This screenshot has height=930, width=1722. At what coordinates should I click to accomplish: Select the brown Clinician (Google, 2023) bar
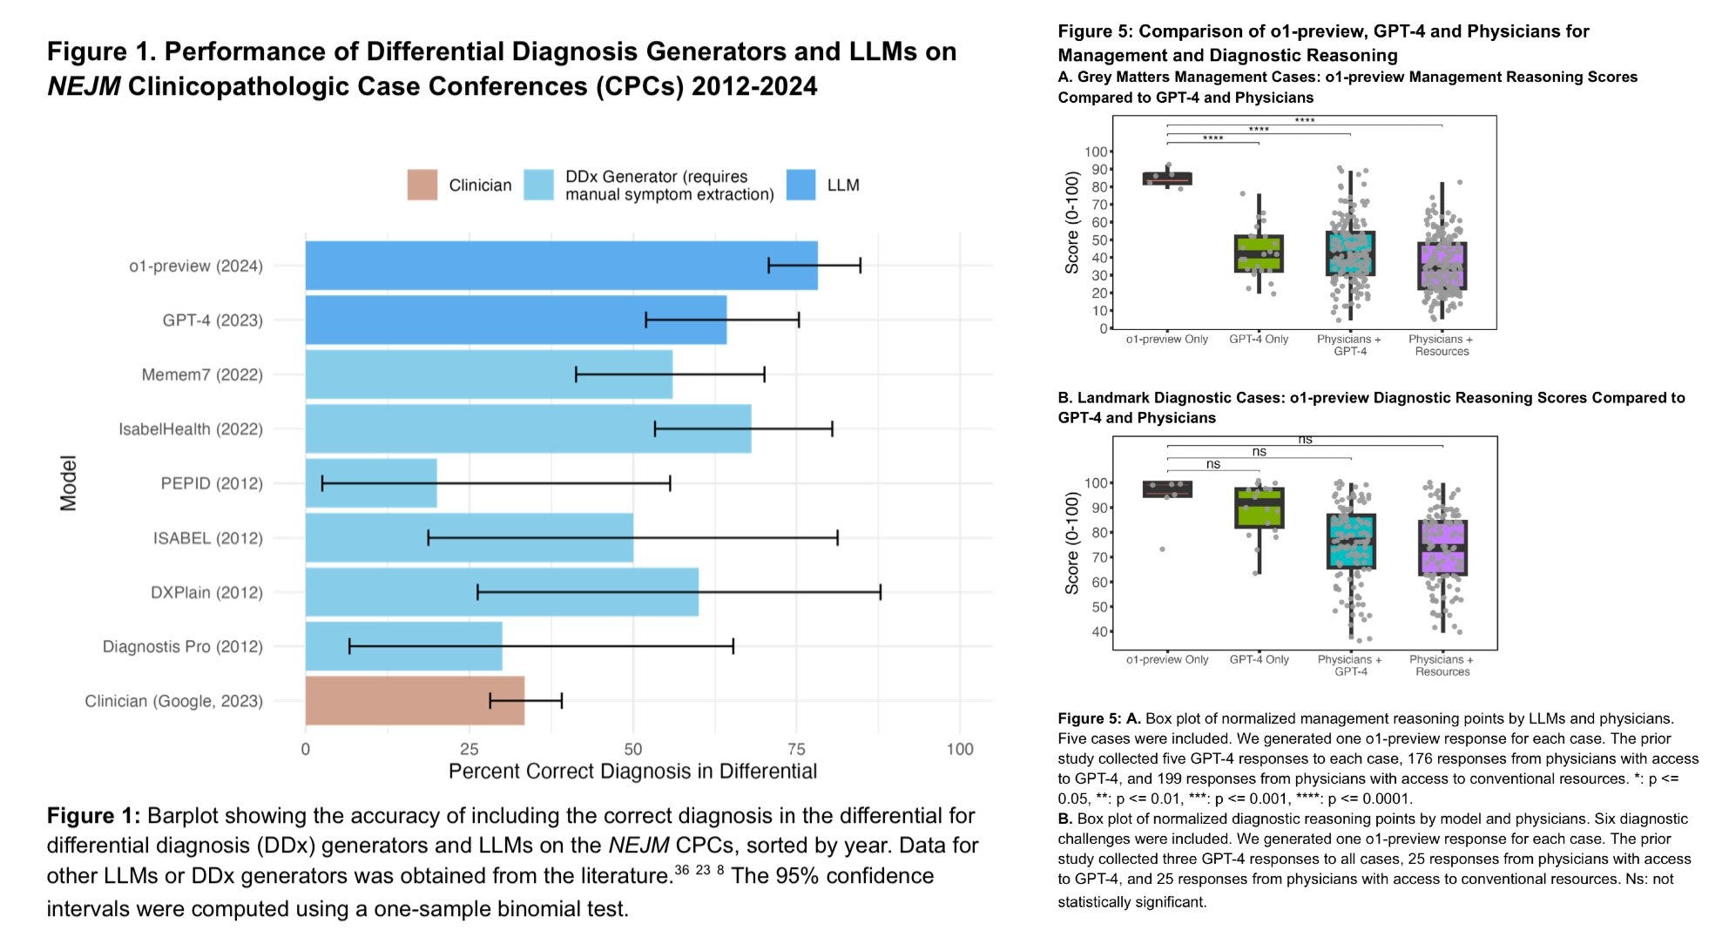point(415,700)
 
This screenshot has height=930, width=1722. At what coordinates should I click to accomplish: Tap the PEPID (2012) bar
point(371,483)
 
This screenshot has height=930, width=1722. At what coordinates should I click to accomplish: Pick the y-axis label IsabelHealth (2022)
point(191,429)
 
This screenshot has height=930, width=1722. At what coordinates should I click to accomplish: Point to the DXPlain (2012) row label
point(206,592)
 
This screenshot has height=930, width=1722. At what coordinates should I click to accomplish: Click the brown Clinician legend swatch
point(422,185)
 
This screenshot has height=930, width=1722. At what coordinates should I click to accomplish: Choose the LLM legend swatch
point(800,185)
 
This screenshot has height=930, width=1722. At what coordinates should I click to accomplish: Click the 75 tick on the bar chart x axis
point(796,749)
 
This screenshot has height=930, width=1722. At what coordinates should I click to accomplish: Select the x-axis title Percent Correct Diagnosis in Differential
point(632,772)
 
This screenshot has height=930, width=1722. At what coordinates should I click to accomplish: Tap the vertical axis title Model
point(68,482)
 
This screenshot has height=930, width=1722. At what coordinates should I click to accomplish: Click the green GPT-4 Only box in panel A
point(1259,253)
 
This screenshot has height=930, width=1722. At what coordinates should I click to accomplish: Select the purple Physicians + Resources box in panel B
point(1442,548)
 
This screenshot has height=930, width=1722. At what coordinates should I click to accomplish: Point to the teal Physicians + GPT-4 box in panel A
point(1350,253)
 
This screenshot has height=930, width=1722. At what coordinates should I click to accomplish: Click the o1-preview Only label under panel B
point(1167,660)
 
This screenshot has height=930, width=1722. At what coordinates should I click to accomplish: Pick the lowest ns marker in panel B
point(1212,464)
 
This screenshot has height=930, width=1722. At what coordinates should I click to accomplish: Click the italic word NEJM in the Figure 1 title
point(84,86)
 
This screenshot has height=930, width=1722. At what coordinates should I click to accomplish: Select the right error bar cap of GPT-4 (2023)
point(798,320)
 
